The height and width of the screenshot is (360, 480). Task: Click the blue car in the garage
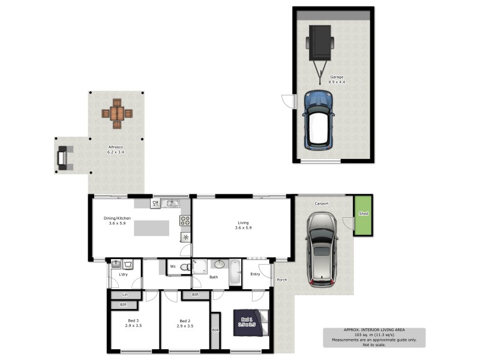click(x=319, y=119)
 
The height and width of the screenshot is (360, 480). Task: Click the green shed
click(x=362, y=215)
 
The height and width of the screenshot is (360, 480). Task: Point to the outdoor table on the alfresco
click(x=116, y=113)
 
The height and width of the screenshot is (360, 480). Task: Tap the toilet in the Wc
click(x=186, y=267)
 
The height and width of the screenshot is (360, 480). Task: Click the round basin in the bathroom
click(x=219, y=264)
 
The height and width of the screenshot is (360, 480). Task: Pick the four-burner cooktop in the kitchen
click(x=185, y=220)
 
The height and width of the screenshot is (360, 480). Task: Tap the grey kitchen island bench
click(x=151, y=228)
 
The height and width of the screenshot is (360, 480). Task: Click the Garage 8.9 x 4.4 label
click(x=337, y=79)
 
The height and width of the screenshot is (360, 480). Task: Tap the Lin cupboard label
click(x=125, y=295)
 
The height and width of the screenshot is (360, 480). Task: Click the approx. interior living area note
click(x=374, y=337)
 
